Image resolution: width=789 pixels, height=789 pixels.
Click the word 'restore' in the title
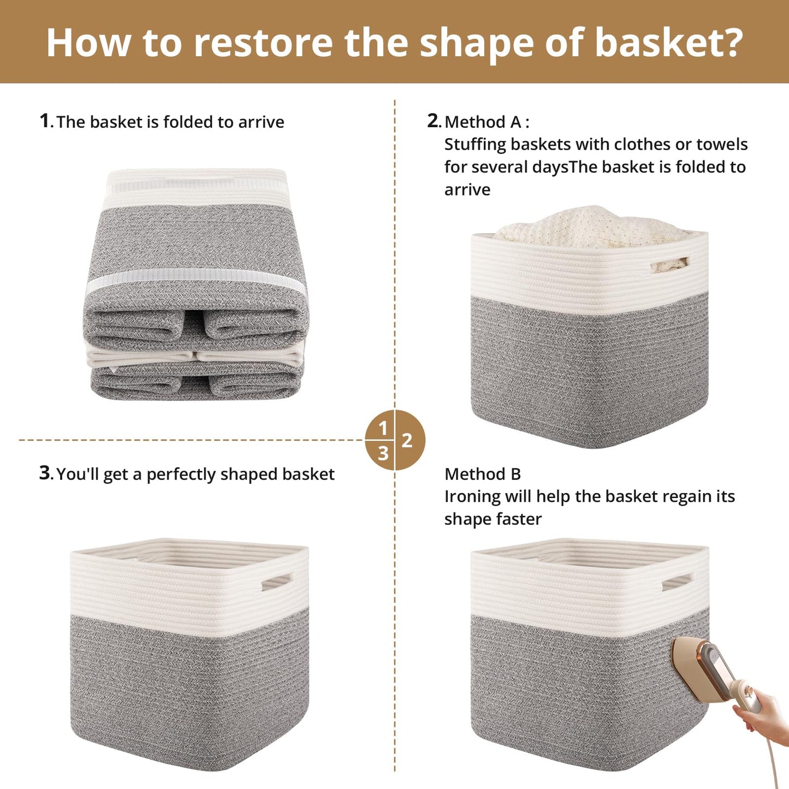point(263,42)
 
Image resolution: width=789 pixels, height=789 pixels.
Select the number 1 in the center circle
point(383,428)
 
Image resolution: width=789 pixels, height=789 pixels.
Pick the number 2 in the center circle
point(407,441)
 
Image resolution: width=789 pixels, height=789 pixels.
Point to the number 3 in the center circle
point(383,454)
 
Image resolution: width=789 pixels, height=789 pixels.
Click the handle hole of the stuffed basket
point(670,264)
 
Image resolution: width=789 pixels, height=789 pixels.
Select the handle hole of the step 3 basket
point(277,582)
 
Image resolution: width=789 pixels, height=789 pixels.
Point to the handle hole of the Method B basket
point(677,582)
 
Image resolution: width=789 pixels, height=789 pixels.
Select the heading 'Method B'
point(482,474)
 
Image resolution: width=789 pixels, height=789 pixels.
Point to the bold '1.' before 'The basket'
point(46,121)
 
